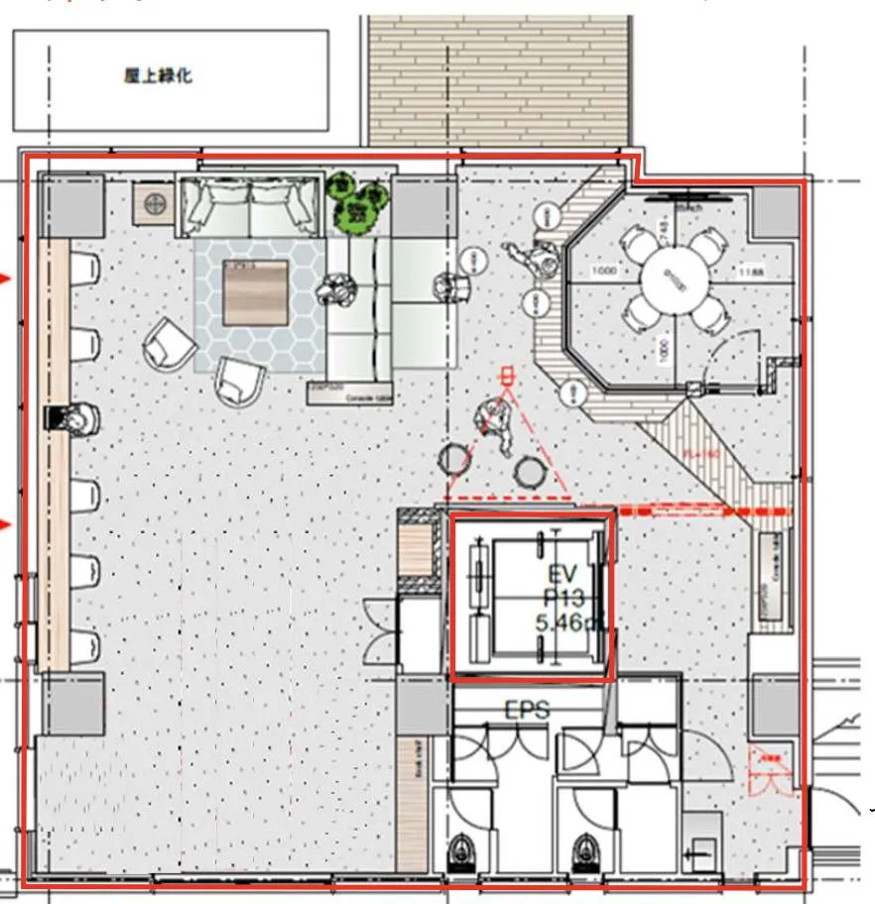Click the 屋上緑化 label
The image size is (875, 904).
[158, 77]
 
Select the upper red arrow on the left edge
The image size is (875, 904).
[6, 279]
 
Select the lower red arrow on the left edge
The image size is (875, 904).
[6, 524]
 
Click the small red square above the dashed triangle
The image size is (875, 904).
[508, 376]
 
